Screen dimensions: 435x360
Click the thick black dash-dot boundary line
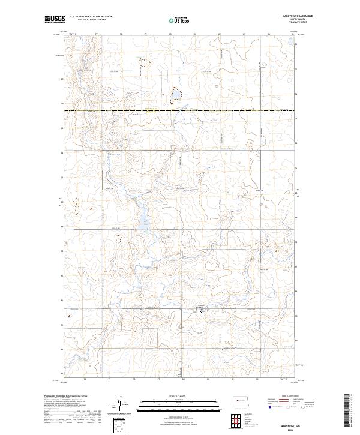[x=180, y=111]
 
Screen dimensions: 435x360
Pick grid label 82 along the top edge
[x=220, y=34]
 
